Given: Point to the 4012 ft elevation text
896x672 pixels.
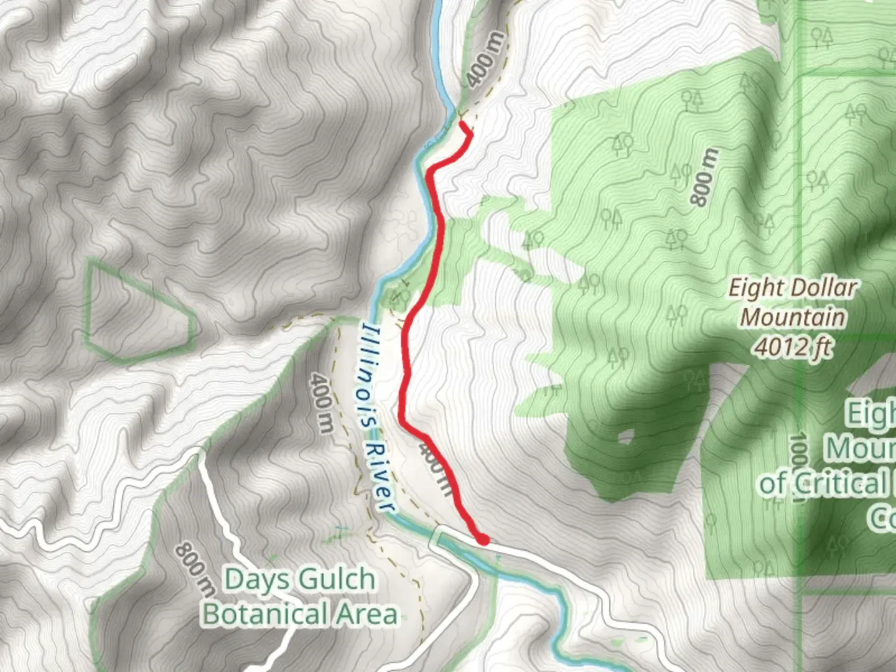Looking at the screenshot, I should (x=793, y=347).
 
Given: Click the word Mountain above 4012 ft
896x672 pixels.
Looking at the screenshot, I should (x=793, y=317).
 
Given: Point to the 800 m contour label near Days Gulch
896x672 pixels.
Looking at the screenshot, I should (x=195, y=569).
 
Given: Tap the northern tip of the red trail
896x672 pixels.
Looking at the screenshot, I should (x=463, y=124).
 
